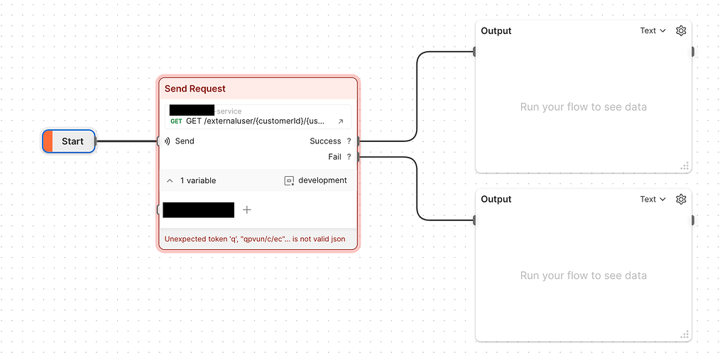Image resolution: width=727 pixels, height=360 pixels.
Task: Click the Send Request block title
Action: pos(195,89)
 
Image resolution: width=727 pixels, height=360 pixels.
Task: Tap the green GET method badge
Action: pos(176,121)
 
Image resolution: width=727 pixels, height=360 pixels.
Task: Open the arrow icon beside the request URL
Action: pos(340,121)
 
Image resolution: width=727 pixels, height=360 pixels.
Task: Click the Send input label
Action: pos(184,141)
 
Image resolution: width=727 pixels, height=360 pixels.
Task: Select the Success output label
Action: pos(325,141)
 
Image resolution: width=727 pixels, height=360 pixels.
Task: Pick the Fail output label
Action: pos(334,157)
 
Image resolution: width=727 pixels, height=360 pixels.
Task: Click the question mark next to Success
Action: pos(349,141)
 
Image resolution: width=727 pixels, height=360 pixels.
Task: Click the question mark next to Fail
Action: pos(349,157)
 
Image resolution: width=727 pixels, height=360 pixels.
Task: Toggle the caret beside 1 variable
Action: pos(170,181)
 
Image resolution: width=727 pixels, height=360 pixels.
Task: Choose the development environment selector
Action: pos(316,180)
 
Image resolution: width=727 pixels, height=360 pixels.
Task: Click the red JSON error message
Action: pos(255,239)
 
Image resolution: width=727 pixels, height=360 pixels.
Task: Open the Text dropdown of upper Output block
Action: pos(652,31)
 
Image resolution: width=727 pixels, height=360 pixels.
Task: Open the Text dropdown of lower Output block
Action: pos(652,200)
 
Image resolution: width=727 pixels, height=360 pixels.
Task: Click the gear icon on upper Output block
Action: pos(681,31)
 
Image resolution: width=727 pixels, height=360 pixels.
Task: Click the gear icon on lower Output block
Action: pos(681,200)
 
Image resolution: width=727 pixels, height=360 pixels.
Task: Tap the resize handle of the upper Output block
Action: pos(684,166)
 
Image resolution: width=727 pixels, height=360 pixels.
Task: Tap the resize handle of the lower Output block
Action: pos(684,334)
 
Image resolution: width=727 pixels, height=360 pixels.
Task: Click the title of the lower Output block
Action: pos(496,200)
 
